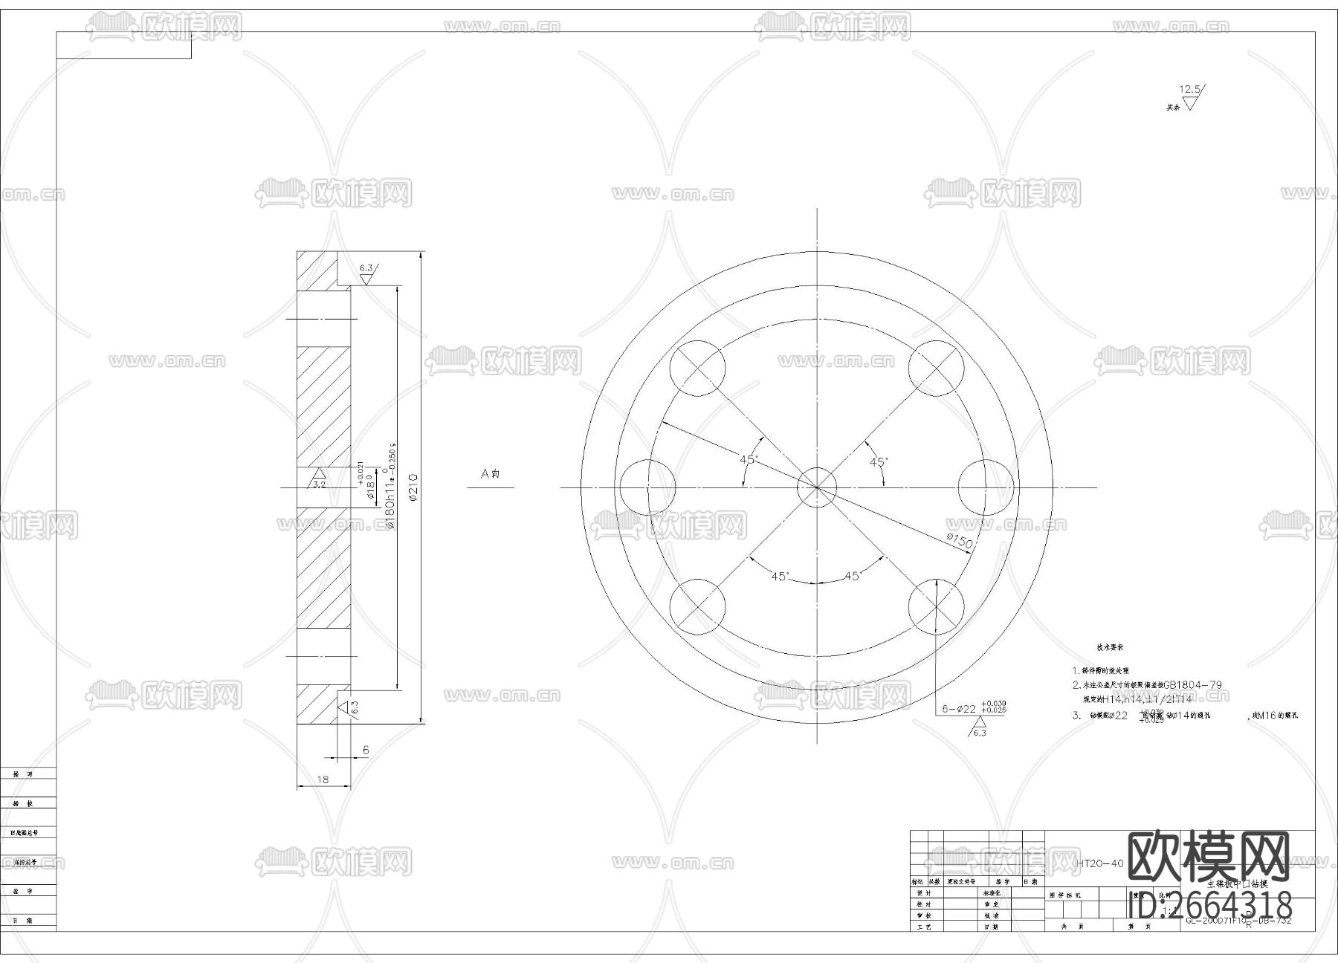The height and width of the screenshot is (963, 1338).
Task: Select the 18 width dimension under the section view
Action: [323, 779]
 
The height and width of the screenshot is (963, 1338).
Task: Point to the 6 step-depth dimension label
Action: [366, 750]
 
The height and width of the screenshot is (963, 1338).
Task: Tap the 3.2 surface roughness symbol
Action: [318, 479]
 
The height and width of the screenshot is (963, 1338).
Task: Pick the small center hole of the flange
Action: [816, 487]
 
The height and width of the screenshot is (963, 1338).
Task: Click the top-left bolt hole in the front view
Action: [697, 369]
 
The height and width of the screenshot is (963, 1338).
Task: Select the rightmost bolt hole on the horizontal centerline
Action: [986, 487]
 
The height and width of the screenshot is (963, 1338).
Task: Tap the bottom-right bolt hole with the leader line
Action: [936, 606]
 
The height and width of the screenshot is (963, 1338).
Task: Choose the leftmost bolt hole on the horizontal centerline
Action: [647, 487]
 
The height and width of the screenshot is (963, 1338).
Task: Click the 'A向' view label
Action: [490, 473]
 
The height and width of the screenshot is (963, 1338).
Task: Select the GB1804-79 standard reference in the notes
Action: [1192, 684]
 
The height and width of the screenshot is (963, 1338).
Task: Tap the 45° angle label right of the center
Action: [879, 462]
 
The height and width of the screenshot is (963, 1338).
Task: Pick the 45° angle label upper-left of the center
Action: [748, 459]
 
